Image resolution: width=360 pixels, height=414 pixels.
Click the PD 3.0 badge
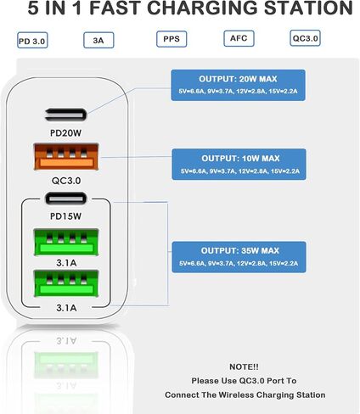point(32,41)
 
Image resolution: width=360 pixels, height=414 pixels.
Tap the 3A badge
point(98,40)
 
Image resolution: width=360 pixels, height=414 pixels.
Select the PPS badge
point(172,39)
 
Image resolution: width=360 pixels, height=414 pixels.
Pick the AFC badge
point(239,38)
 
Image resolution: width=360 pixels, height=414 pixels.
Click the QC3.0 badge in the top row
point(305,38)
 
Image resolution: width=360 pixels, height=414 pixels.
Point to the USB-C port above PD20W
point(65,115)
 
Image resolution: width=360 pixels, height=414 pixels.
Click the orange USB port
point(66,157)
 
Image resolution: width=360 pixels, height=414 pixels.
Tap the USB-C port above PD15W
point(65,199)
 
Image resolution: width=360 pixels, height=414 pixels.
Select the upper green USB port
point(66,243)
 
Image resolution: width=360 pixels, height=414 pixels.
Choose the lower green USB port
point(66,284)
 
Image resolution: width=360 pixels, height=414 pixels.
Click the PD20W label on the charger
point(65,133)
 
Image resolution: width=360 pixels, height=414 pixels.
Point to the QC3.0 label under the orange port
point(66,181)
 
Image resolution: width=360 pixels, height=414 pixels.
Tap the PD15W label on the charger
point(65,216)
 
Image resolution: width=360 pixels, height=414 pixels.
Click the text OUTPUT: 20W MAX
point(238,79)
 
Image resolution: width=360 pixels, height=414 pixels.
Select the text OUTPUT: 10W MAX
point(240,159)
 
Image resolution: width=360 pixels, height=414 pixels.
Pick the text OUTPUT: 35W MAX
point(240,250)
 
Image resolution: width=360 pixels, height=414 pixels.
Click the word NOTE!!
point(244,366)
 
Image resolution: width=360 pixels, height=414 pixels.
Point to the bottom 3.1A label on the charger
point(66,308)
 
